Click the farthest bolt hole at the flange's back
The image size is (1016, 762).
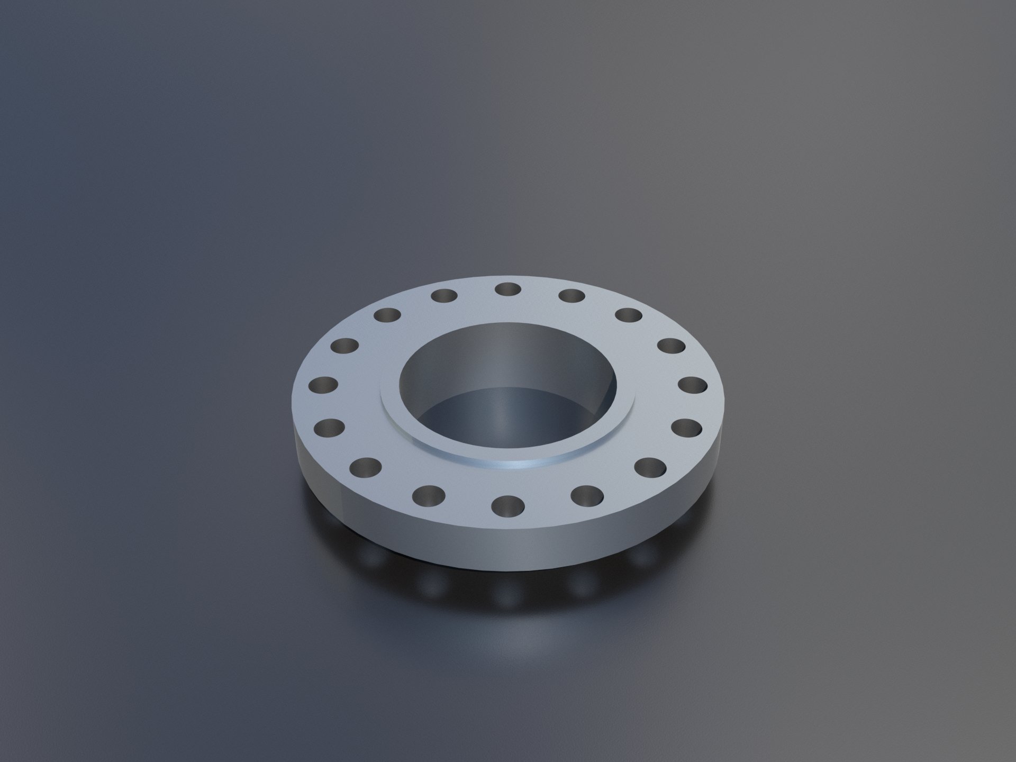508,289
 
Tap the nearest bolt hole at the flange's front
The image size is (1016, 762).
507,506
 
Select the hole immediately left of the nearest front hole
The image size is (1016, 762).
428,495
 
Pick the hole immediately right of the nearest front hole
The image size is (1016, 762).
587,495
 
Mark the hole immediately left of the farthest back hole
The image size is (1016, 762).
444,295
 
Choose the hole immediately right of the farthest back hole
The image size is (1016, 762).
571,295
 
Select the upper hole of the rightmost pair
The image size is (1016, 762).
694,385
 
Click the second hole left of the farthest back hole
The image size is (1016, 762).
388,316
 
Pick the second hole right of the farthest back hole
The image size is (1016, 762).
628,316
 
